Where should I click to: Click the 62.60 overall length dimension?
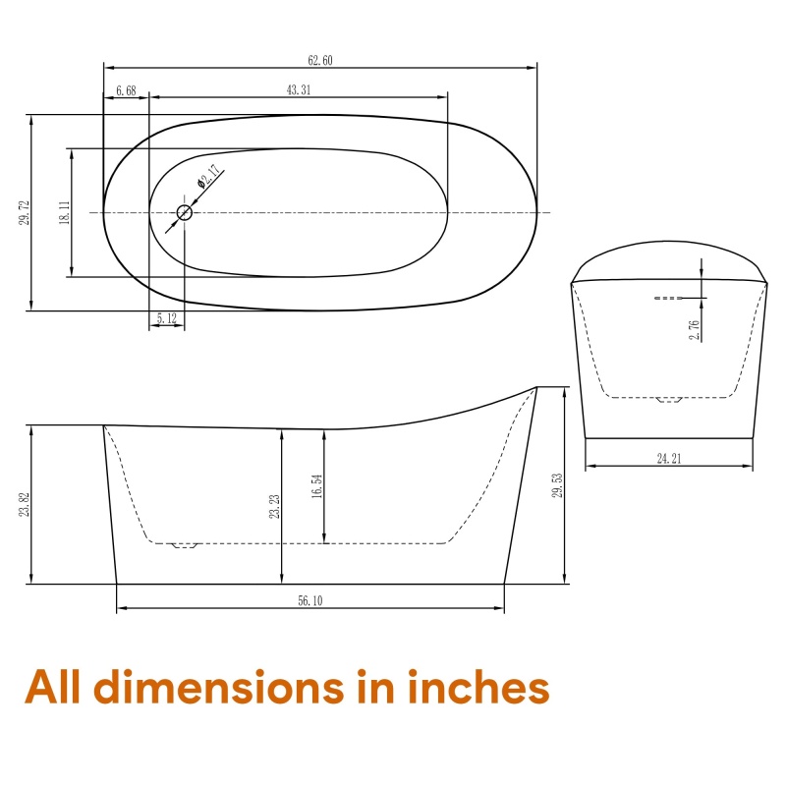coord(320,61)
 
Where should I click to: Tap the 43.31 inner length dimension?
coord(299,90)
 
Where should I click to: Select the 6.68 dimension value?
coord(126,90)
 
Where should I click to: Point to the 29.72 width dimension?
coord(25,212)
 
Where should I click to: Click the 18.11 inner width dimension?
coord(65,212)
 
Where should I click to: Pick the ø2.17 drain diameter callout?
coord(208,176)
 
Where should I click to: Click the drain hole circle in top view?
coord(185,212)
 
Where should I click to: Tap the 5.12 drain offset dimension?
coord(167,318)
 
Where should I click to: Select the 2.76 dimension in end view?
coord(695,330)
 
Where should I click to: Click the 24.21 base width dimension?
coord(669,458)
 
